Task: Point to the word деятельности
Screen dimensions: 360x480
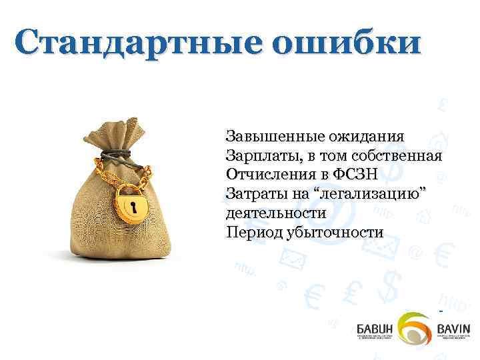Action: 276,213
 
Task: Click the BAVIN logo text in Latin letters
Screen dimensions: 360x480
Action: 453,329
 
